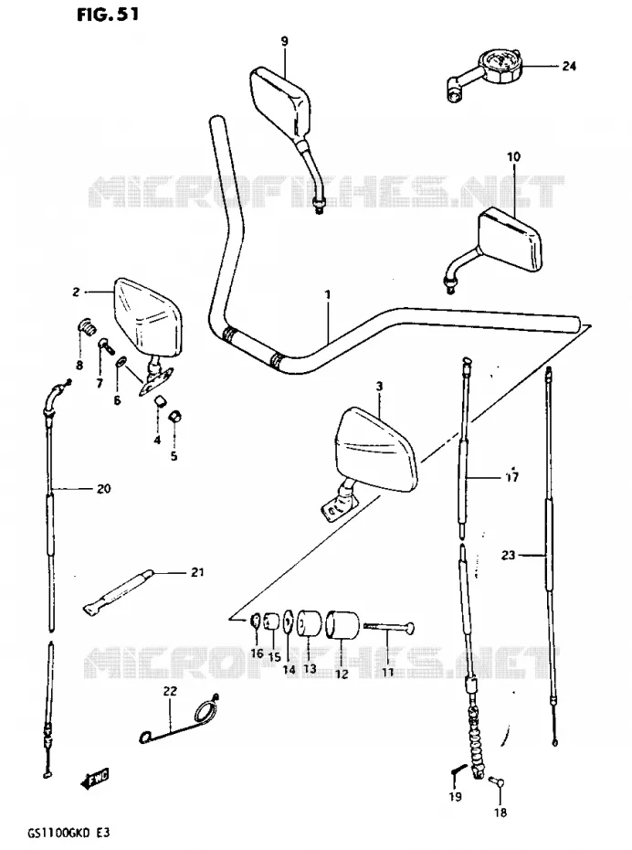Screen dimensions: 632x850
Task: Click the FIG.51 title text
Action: coord(107,14)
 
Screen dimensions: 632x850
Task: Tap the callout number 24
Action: coord(569,66)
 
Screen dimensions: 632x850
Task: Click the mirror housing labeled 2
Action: coord(147,316)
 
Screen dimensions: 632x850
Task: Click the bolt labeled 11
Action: coord(389,627)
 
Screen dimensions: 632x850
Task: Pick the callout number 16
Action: coord(257,653)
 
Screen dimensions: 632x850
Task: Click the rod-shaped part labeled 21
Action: coord(119,592)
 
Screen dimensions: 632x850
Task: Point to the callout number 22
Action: coord(170,692)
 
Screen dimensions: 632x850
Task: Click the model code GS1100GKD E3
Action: coord(63,833)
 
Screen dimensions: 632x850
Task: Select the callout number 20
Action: coord(103,488)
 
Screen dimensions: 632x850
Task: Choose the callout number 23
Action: coord(508,555)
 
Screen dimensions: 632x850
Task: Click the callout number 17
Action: coord(511,477)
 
